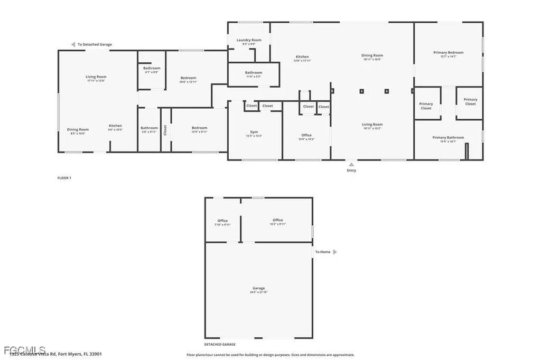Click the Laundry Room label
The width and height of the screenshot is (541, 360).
[x=249, y=40]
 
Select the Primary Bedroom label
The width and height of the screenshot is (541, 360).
[x=448, y=53]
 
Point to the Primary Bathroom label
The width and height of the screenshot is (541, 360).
[x=448, y=138]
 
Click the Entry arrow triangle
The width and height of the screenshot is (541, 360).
[x=351, y=164]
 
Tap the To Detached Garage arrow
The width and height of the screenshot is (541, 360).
[x=73, y=45]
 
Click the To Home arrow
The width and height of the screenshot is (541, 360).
[x=334, y=252]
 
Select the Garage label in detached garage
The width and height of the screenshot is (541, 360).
[x=258, y=288]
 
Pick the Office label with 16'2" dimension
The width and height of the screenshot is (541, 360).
[x=278, y=220]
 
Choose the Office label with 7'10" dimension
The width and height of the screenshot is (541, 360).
[x=222, y=221]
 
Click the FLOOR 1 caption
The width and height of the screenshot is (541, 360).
[x=64, y=178]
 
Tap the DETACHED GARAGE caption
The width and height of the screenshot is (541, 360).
[x=220, y=344]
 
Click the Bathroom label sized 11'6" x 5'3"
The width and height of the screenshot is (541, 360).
[x=254, y=73]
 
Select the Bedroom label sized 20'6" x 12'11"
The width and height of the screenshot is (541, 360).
[x=188, y=78]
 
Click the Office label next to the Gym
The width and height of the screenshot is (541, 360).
[x=306, y=135]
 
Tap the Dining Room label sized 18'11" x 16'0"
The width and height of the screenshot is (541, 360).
[x=372, y=55]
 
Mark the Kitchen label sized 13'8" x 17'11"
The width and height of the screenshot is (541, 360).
[x=302, y=57]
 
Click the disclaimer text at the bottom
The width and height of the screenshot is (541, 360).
[x=270, y=355]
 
